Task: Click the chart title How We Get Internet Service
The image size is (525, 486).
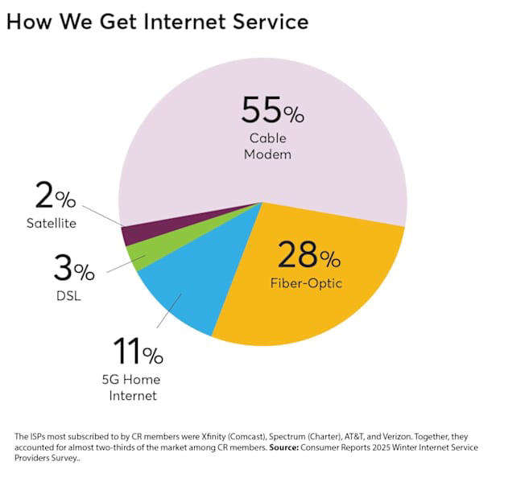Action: (x=157, y=22)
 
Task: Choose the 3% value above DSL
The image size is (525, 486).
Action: (x=72, y=269)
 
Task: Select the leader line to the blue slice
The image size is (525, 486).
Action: (x=168, y=310)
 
